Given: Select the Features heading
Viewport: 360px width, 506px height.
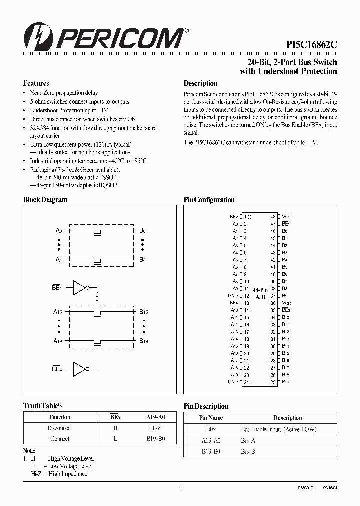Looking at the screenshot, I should (36, 83).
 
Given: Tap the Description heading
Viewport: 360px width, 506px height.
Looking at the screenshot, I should (200, 83).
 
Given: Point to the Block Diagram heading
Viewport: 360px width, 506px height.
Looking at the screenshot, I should (45, 200).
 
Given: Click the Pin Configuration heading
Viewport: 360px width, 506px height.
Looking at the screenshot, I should (209, 200).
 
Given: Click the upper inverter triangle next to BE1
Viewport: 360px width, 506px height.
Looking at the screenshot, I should (79, 288).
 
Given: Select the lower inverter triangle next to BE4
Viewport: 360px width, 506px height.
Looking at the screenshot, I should (79, 369).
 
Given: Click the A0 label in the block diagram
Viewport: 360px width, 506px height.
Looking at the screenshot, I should (59, 231).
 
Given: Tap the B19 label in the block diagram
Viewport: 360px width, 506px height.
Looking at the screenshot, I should (143, 341).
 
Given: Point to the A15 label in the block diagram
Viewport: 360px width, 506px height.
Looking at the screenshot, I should (58, 312).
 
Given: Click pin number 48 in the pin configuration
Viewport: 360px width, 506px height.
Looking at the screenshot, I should (273, 217).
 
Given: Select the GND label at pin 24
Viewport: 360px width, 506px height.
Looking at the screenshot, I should (233, 382).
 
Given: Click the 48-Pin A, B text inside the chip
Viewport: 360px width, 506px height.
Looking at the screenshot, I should (260, 293).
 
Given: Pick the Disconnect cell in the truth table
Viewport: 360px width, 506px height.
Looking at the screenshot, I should (60, 428).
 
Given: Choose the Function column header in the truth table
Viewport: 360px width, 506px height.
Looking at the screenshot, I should (60, 417).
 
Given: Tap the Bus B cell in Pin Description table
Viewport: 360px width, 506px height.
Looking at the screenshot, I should (248, 451).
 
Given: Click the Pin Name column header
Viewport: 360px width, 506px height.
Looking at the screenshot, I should (211, 418).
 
